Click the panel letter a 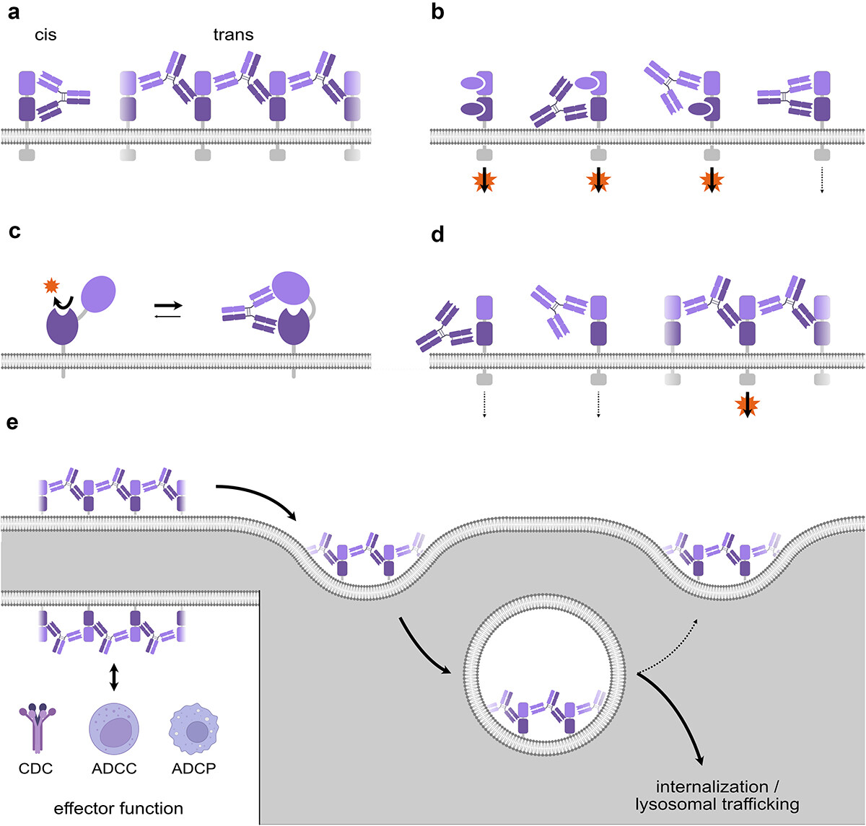(14, 13)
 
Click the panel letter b (437, 12)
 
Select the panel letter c (14, 232)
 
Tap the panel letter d (437, 234)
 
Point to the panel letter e (13, 423)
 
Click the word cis (45, 35)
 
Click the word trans (233, 35)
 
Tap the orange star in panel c (51, 286)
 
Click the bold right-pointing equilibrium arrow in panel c (168, 306)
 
